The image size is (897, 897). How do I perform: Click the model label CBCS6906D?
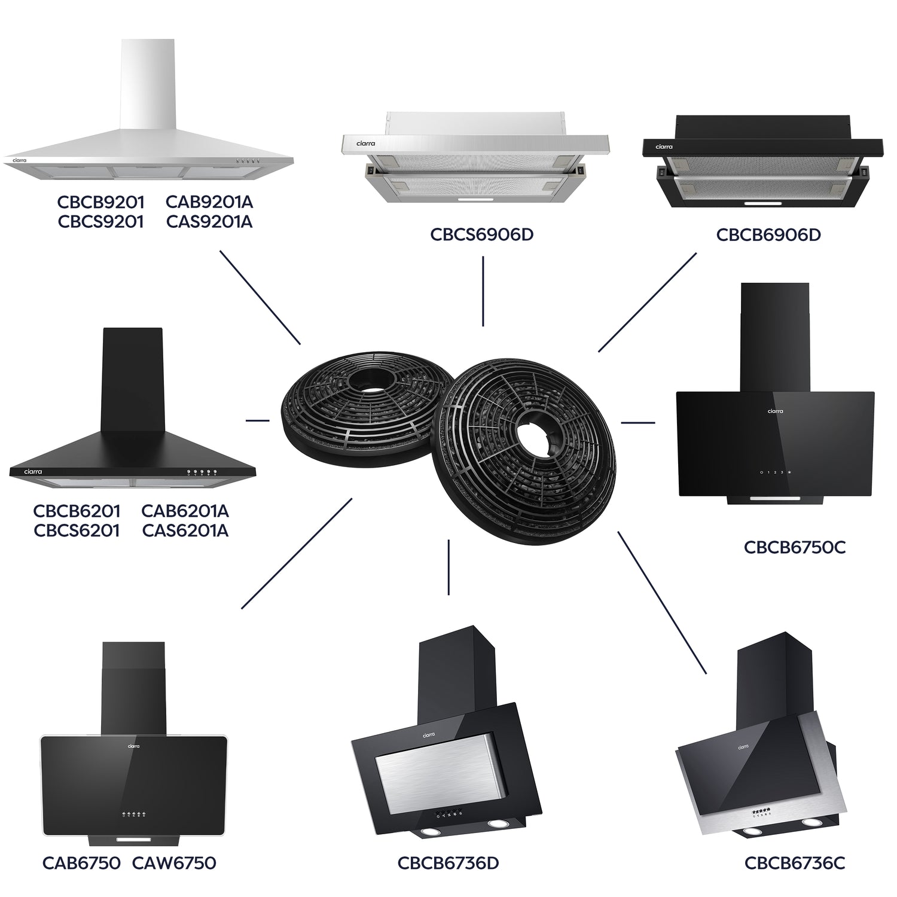point(482,234)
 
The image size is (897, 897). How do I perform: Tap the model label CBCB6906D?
point(768,234)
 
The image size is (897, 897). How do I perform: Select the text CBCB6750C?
point(795,547)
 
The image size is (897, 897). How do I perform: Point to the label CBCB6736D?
point(448,863)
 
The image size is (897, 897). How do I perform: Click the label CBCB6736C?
point(795,863)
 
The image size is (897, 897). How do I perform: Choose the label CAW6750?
point(174,863)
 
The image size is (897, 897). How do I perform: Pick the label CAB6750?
point(82,863)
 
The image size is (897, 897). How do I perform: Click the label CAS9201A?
point(209,222)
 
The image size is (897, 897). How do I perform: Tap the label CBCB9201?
point(101,202)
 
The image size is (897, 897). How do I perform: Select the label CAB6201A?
point(185,511)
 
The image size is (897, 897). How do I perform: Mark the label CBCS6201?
point(77,530)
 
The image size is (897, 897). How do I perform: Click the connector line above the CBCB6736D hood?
point(448,567)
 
